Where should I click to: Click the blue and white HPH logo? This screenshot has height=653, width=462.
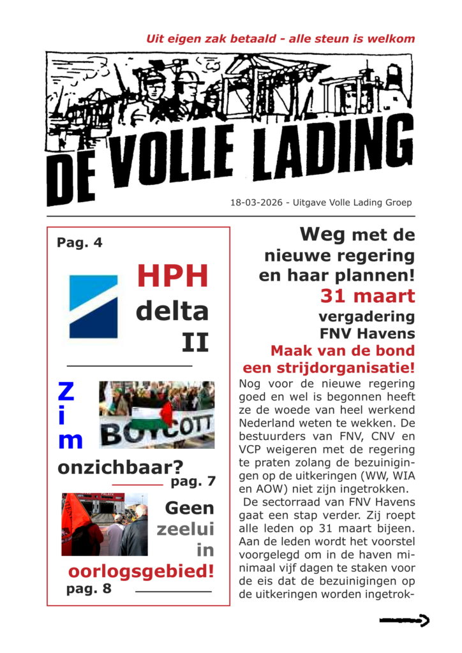93,306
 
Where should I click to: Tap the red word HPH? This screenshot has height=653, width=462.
172,276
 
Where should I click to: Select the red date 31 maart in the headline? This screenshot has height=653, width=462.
368,296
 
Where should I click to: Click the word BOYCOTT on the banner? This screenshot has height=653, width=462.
156,432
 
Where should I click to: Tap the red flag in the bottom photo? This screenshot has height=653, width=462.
75,517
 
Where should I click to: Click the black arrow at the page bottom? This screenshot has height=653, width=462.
404,620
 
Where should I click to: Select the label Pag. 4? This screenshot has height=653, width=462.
79,242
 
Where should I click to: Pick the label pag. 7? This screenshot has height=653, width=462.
193,481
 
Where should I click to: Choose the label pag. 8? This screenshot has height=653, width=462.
89,589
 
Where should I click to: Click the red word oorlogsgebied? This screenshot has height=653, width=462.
141,570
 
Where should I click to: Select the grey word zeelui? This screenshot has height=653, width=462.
186,529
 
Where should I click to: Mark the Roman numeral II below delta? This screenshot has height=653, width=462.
195,342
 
